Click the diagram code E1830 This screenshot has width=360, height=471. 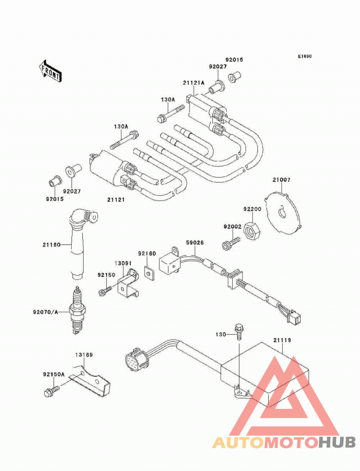point(305,56)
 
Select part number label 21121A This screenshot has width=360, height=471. point(193,82)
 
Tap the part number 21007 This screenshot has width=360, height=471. point(281,180)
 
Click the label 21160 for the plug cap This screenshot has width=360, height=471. point(51,245)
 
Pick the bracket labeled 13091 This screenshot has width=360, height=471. point(128,283)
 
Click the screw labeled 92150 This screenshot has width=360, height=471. point(105,290)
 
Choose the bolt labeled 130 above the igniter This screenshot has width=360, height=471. point(238,331)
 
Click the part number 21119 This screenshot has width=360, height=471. point(282,340)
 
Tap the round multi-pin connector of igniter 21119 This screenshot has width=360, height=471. point(136,359)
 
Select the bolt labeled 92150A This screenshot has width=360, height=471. point(51,391)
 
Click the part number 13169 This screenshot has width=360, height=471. point(84,355)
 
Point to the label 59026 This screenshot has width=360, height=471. point(194,242)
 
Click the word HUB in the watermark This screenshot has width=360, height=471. point(337,442)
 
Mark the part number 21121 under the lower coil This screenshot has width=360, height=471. point(116,200)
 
